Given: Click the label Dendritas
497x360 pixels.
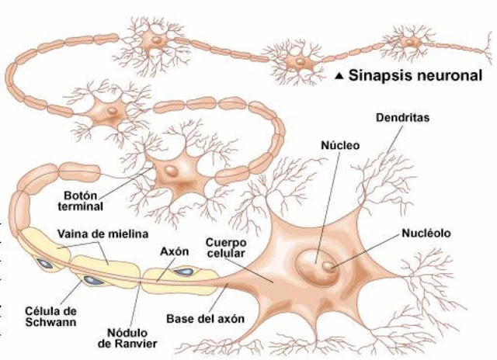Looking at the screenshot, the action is (402, 119).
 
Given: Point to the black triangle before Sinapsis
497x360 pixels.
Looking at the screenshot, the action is (339, 77).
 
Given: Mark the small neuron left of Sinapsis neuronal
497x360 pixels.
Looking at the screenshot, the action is (297, 61).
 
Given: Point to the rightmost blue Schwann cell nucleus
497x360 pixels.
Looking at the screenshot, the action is (187, 272).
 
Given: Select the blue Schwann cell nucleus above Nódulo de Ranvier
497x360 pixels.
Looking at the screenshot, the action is (92, 278).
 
